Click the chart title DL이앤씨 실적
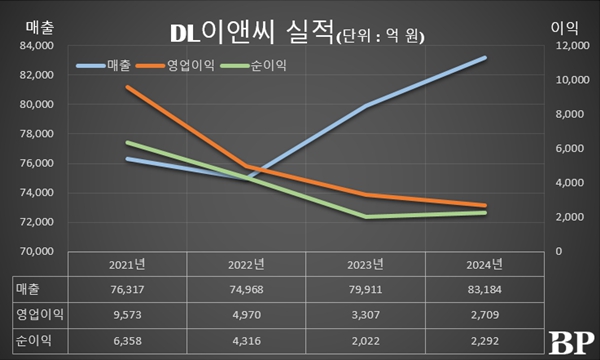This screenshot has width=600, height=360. (x=244, y=34)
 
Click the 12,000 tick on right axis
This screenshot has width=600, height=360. (x=565, y=46)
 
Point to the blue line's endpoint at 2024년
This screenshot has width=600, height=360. (x=485, y=58)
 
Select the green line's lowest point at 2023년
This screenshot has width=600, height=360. (x=367, y=216)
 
